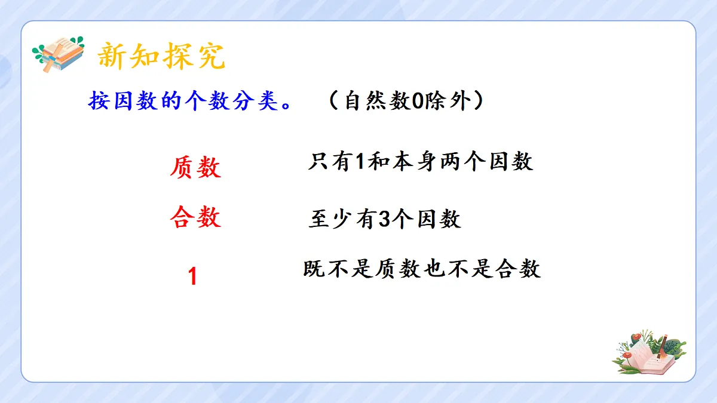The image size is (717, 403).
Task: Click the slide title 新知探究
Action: (x=161, y=57)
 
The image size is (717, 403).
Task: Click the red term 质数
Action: (x=195, y=168)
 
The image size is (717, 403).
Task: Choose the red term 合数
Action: (x=195, y=217)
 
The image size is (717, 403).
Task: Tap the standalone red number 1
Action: (x=192, y=276)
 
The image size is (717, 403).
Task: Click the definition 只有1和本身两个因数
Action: (x=421, y=162)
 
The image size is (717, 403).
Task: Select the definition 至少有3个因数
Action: (x=385, y=220)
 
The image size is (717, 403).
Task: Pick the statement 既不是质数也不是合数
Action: (x=422, y=269)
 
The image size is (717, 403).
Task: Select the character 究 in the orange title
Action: (x=209, y=57)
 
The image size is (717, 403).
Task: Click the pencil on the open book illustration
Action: (x=662, y=346)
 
